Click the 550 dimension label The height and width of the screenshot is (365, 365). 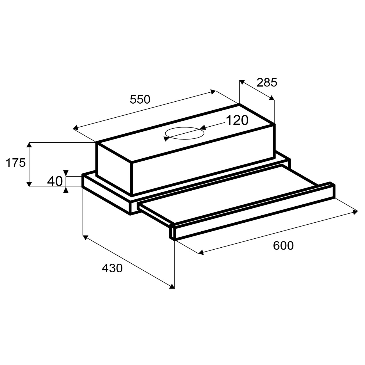click(140, 99)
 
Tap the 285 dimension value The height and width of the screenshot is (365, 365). click(267, 82)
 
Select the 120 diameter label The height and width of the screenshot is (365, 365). click(237, 120)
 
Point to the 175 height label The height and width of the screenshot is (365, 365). click(15, 163)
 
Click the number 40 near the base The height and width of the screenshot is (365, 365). click(55, 181)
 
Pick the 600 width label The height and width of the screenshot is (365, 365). click(283, 245)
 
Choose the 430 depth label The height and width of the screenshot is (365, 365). click(112, 268)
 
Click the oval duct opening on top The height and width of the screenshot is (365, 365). click(185, 133)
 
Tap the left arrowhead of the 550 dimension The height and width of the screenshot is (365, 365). click(76, 128)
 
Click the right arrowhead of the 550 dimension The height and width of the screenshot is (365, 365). click(213, 92)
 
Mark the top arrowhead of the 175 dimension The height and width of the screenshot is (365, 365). click(29, 145)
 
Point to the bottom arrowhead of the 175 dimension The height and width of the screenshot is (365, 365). click(29, 184)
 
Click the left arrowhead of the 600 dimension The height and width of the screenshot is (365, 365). click(201, 252)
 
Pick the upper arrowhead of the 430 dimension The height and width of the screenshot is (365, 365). click(86, 238)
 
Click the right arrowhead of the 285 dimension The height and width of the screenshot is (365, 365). click(272, 97)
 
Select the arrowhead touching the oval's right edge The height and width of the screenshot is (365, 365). click(203, 127)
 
